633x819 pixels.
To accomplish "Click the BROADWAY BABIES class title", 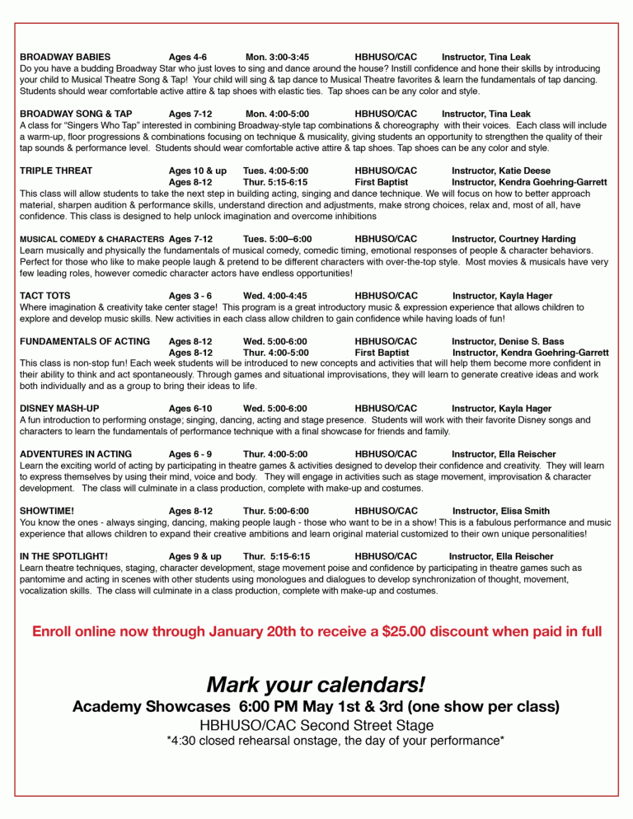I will tap(65, 57).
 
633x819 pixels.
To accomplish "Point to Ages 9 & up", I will tap(195, 556).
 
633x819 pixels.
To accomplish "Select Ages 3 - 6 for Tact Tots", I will tap(190, 295).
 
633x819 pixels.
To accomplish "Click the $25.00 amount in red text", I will tap(410, 632).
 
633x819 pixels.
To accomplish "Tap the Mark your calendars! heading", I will tap(316, 684).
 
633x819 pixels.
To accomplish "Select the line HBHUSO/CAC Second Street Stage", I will tap(316, 725).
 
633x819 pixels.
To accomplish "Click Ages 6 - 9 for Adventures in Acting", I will tap(190, 454).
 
